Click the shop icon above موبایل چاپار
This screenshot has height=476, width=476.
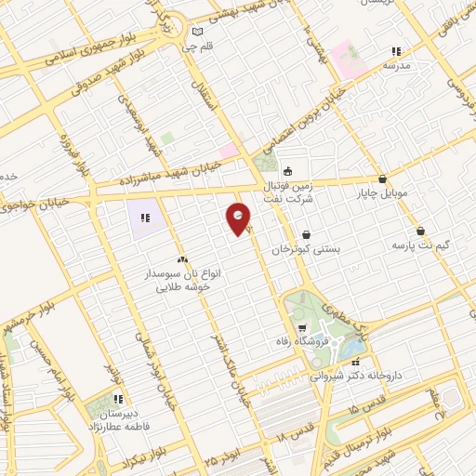click(382, 178)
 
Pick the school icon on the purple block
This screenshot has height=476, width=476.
click(145, 218)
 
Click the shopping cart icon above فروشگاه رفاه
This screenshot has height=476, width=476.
click(302, 329)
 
